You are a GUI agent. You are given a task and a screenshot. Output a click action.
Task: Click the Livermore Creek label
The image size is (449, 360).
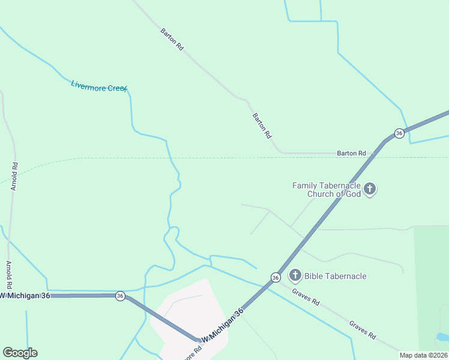[99, 86]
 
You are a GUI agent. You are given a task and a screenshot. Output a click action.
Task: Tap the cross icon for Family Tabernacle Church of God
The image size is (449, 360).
[370, 190]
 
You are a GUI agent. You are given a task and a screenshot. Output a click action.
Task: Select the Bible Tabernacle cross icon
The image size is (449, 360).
[295, 276]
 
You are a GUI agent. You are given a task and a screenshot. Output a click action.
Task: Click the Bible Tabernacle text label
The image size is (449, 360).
[335, 276]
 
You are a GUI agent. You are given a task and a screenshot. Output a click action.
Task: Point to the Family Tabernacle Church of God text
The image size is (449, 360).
[327, 190]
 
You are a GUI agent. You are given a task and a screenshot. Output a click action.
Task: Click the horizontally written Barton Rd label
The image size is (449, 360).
[351, 154]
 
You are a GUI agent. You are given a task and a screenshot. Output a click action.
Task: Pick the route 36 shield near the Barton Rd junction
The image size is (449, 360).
[399, 133]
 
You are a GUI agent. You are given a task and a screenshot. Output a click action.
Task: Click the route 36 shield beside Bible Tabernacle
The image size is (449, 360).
[275, 277]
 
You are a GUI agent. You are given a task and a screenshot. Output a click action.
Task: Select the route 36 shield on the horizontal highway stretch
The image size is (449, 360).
[120, 296]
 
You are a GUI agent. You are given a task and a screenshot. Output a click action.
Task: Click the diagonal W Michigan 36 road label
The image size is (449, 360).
[223, 327]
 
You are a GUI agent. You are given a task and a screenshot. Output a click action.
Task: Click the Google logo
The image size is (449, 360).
[20, 353]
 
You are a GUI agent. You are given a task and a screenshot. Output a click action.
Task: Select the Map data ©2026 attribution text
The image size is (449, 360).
[424, 355]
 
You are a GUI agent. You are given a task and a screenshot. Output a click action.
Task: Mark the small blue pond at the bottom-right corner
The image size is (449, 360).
[442, 337]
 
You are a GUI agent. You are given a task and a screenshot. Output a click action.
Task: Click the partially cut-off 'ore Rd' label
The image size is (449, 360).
[188, 353]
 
